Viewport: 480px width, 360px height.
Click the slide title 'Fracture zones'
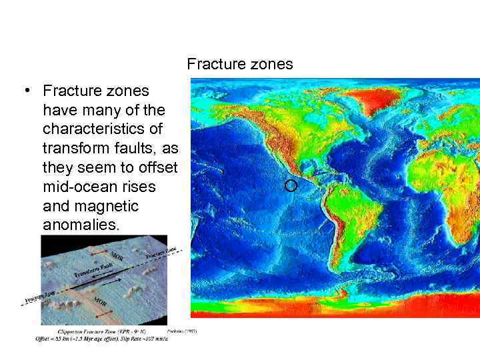pos(240,65)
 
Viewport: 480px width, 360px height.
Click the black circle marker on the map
pos(290,185)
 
